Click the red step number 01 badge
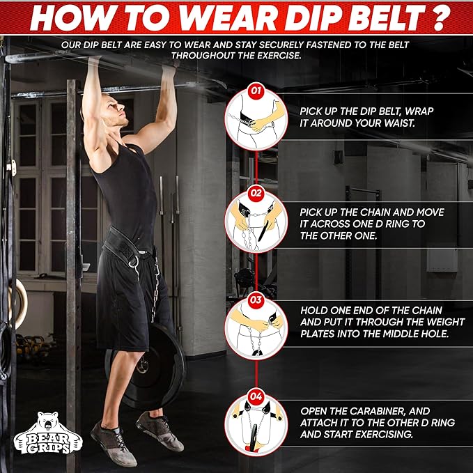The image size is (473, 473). [x=256, y=91]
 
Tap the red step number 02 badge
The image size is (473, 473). [x=256, y=193]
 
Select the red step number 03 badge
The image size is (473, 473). [x=256, y=300]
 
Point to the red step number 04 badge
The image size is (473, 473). [x=256, y=396]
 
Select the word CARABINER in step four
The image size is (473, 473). [x=375, y=411]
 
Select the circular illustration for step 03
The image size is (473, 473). [x=256, y=329]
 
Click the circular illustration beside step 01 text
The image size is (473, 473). [x=256, y=120]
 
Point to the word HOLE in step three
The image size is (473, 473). [x=436, y=334]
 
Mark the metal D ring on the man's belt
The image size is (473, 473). [x=134, y=261]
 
